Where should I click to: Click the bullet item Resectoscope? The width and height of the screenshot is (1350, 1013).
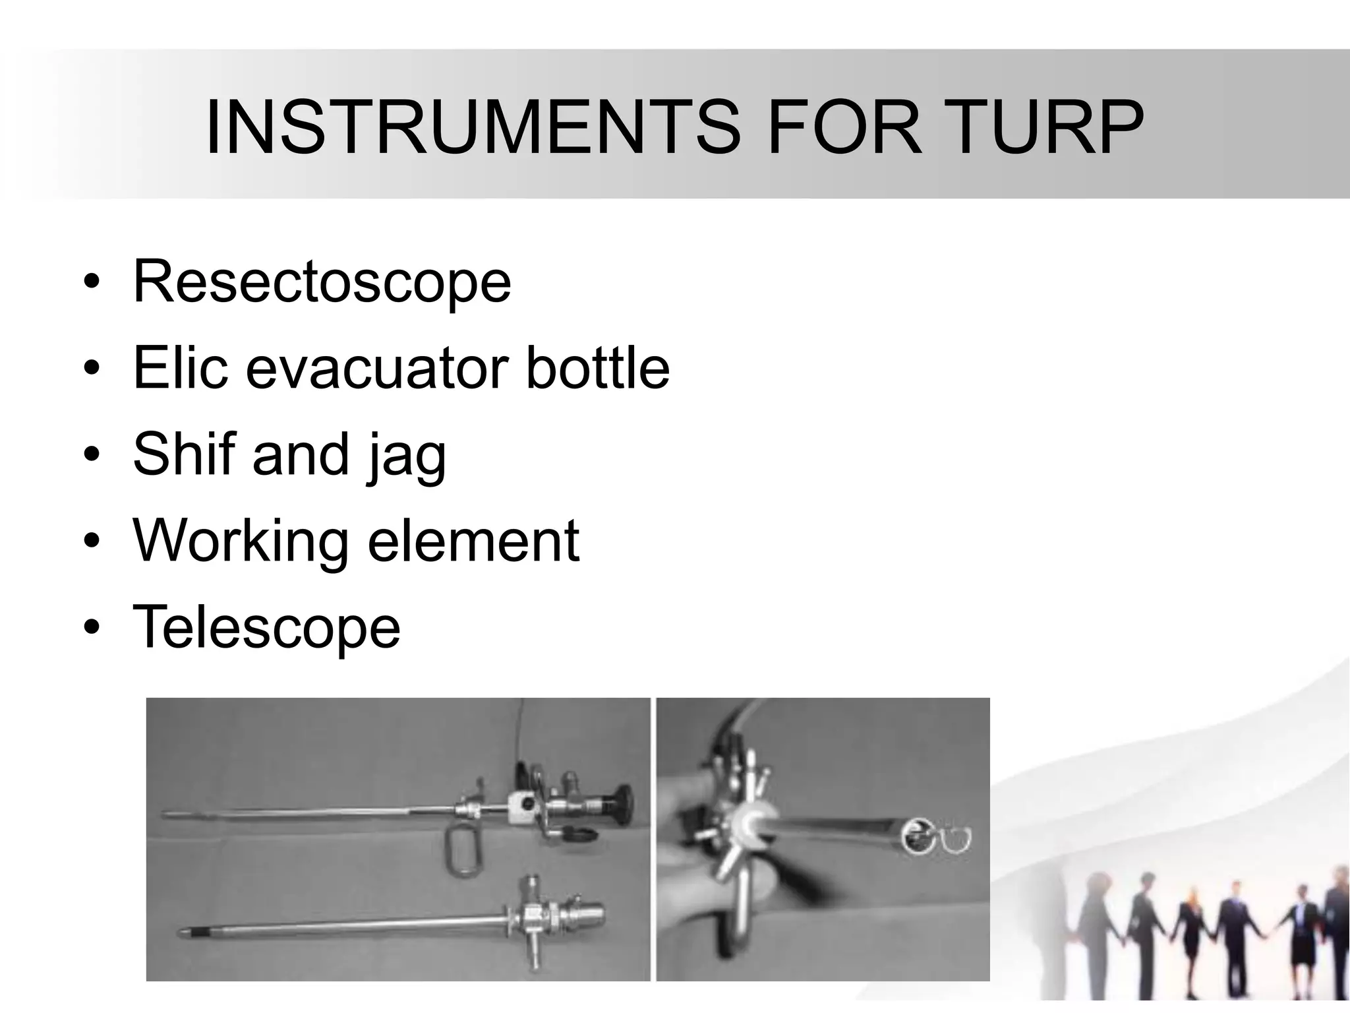[322, 282]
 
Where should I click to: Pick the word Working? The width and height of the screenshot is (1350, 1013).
[240, 542]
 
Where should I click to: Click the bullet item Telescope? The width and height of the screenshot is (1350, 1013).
[266, 628]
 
